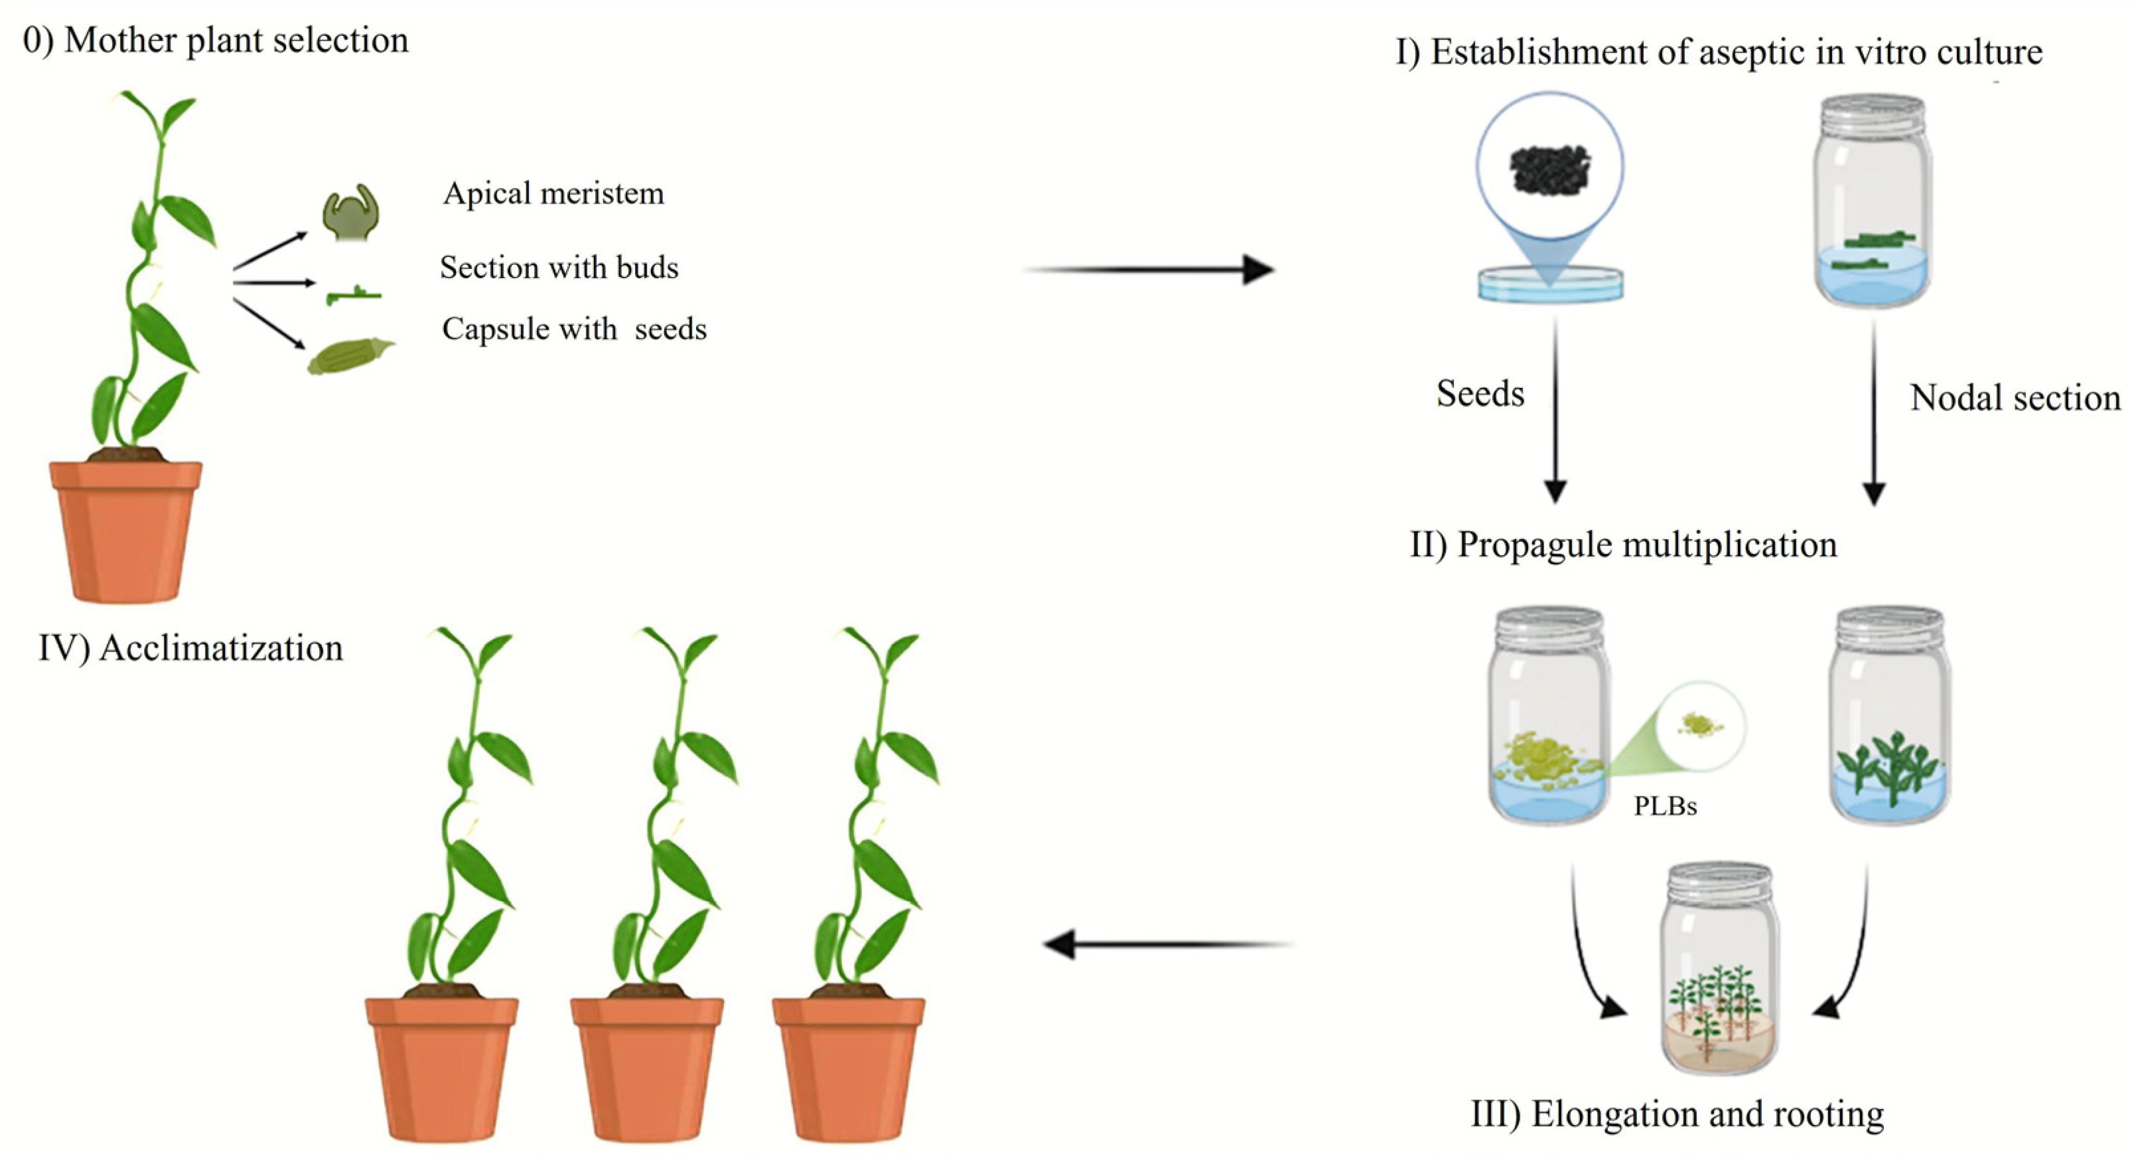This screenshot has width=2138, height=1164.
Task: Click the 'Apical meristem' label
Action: pyautogui.click(x=553, y=193)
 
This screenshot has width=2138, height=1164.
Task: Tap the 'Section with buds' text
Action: pyautogui.click(x=559, y=268)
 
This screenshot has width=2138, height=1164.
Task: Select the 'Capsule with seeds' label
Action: pyautogui.click(x=573, y=329)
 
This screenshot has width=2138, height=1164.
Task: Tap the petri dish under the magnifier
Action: pyautogui.click(x=1549, y=284)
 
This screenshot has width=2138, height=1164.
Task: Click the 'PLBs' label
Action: pyautogui.click(x=1665, y=806)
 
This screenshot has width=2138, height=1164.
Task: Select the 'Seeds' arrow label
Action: pyautogui.click(x=1480, y=394)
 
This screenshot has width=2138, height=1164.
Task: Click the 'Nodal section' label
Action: pyautogui.click(x=2015, y=398)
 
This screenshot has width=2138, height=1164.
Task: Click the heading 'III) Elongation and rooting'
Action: pyautogui.click(x=1677, y=1114)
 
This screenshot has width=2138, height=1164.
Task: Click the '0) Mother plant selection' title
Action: pyautogui.click(x=216, y=40)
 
